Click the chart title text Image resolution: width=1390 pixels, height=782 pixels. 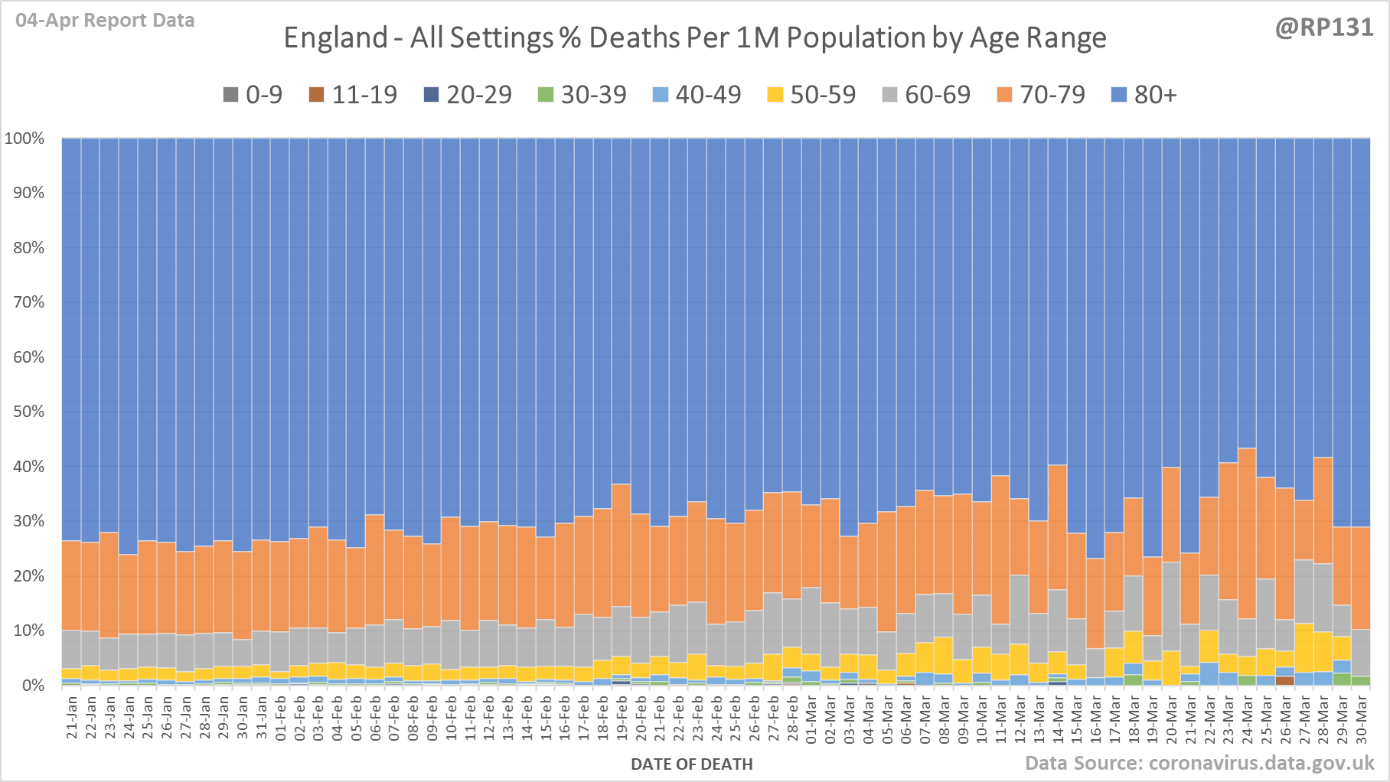click(694, 37)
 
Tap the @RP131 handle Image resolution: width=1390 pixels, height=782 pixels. click(1324, 28)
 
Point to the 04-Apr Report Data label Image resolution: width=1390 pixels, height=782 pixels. click(105, 21)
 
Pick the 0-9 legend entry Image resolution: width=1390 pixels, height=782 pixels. click(253, 95)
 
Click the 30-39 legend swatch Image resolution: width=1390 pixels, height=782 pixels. click(545, 95)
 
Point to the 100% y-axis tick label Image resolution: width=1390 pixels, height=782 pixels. click(24, 138)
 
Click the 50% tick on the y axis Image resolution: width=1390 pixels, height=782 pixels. click(28, 412)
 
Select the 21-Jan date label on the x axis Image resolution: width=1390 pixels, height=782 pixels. click(72, 717)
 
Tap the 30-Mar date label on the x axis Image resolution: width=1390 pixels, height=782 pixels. click(1361, 717)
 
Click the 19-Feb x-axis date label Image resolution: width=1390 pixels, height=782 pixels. click(621, 717)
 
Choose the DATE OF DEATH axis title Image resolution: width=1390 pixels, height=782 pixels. click(691, 764)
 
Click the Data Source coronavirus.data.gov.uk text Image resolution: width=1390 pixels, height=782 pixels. click(1199, 763)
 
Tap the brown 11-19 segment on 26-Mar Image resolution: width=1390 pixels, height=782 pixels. click(1284, 680)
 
